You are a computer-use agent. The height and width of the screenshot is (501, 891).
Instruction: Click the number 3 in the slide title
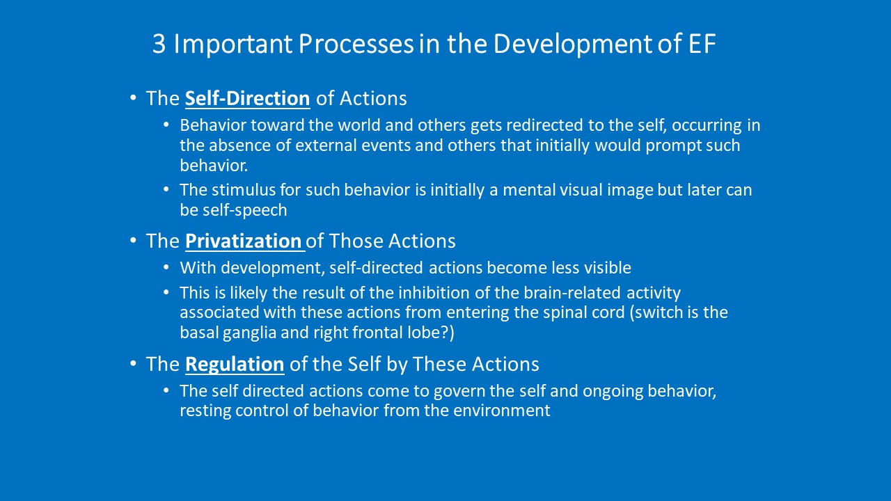159,44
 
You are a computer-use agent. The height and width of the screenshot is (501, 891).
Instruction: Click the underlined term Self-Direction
247,98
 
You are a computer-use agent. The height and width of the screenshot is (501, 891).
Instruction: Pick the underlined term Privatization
244,241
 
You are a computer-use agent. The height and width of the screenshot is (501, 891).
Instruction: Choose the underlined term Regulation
235,364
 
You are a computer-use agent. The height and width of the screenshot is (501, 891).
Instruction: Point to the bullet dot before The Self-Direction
133,97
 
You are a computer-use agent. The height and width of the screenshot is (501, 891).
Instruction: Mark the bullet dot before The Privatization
133,240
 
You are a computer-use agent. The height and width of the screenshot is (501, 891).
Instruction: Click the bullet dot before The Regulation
133,363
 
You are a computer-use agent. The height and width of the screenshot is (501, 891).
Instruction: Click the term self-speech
245,210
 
